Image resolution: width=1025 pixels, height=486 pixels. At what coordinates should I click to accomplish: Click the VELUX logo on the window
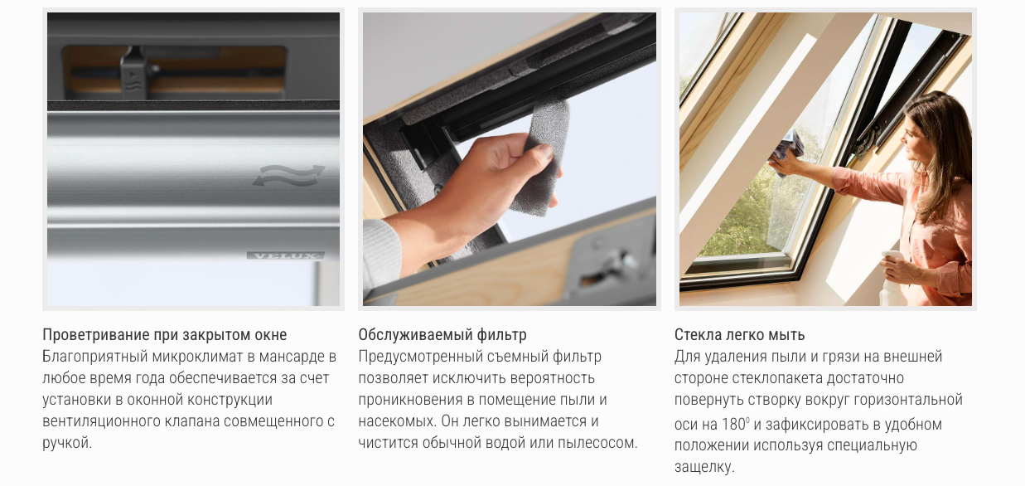286,255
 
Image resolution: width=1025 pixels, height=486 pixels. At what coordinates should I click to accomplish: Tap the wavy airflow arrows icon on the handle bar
288,177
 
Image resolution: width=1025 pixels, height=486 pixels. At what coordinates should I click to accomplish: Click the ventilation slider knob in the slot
135,72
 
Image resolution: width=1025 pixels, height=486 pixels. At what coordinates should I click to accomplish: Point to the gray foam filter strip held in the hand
543,158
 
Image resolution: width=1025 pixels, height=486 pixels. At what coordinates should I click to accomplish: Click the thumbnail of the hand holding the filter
510,159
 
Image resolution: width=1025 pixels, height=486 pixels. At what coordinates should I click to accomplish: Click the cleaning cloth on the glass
788,150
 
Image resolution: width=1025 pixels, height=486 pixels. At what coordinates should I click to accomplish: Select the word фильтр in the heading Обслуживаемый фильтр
501,335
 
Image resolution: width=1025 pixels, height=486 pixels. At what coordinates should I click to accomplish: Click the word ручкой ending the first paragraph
67,443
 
